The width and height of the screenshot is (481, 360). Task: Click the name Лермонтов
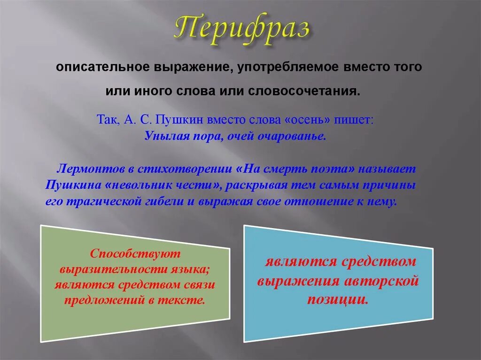tap(87, 168)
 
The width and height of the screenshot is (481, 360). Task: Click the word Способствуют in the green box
tap(135, 254)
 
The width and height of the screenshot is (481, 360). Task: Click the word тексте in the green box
tap(188, 300)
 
